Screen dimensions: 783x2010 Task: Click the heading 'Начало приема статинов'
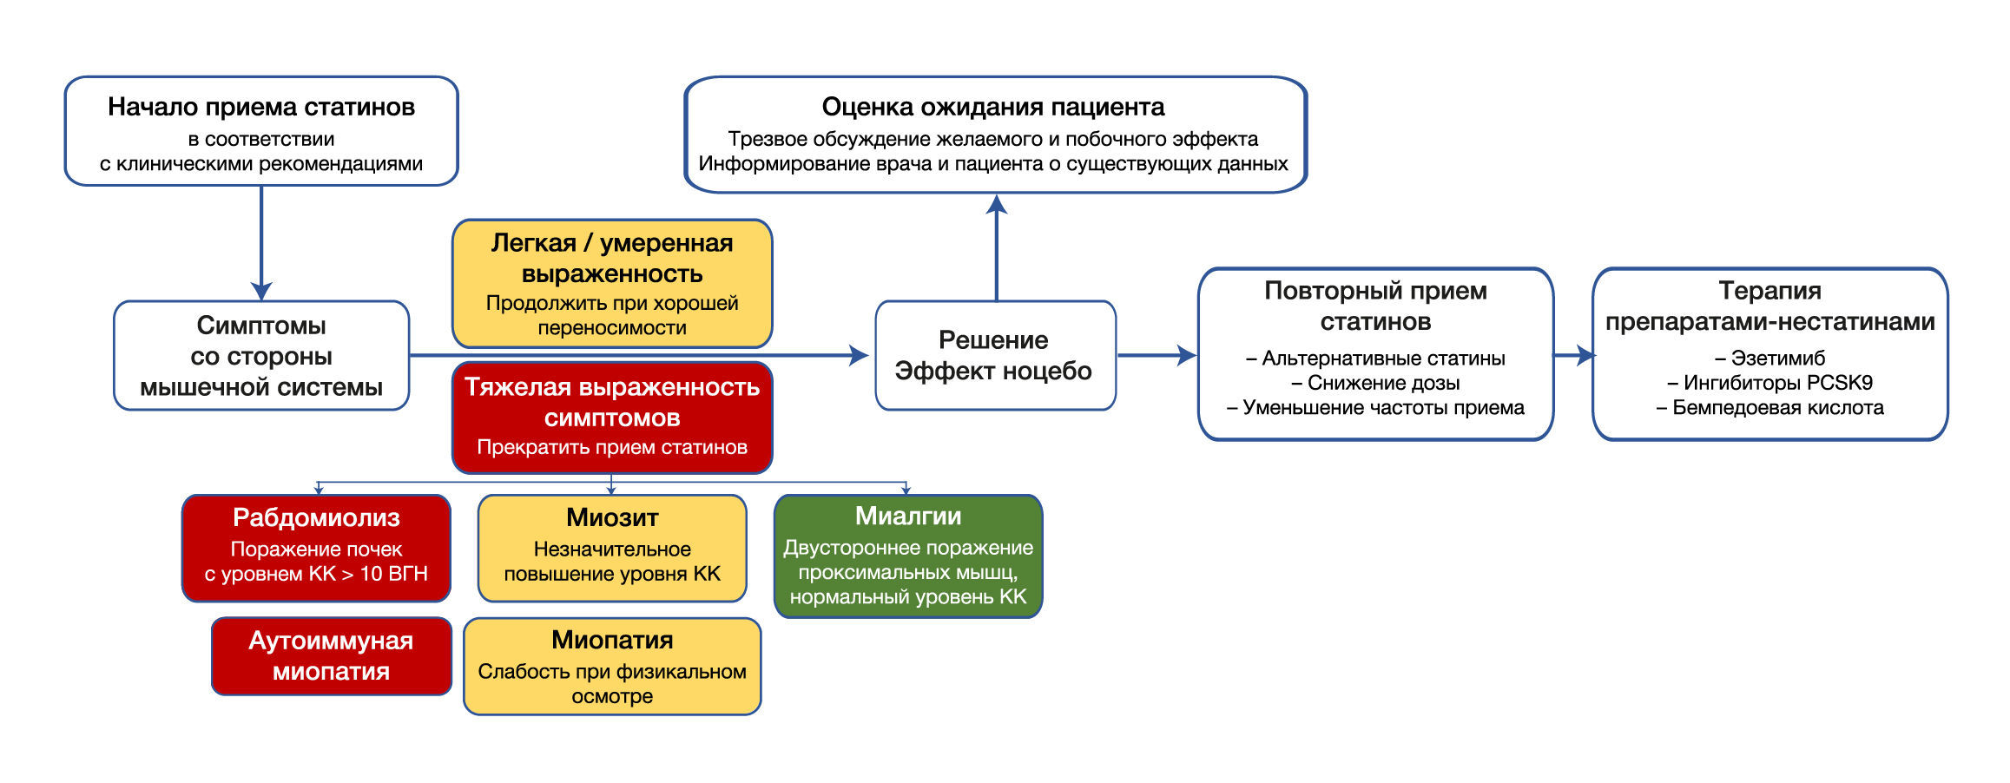(260, 107)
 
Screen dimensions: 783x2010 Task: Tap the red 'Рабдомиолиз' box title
(316, 517)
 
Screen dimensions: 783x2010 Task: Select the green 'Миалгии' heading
(907, 516)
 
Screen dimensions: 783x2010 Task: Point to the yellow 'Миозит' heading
(612, 517)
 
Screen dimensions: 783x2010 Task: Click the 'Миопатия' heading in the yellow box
(612, 640)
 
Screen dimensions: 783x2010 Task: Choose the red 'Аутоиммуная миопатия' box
(331, 655)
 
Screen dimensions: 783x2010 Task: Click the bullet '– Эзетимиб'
(1769, 358)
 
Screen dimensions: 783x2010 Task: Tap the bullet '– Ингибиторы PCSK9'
(1769, 383)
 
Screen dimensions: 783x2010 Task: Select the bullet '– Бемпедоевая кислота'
(1769, 408)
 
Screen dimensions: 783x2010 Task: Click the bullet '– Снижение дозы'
(1375, 383)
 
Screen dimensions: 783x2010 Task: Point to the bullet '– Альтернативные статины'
(1375, 358)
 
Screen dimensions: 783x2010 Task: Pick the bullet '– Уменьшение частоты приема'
(1375, 408)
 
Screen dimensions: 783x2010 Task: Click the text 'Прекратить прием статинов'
(612, 447)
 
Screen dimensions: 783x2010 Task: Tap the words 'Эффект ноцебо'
(993, 371)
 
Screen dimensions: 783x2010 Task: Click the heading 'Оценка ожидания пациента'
(993, 107)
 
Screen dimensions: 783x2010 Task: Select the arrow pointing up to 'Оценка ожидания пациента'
(996, 247)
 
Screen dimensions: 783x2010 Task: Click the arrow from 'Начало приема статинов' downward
(261, 243)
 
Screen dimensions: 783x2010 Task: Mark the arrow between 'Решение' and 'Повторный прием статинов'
(1157, 355)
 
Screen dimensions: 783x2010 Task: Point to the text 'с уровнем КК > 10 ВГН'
(316, 574)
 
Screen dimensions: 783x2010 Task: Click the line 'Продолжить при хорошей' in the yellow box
(612, 303)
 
